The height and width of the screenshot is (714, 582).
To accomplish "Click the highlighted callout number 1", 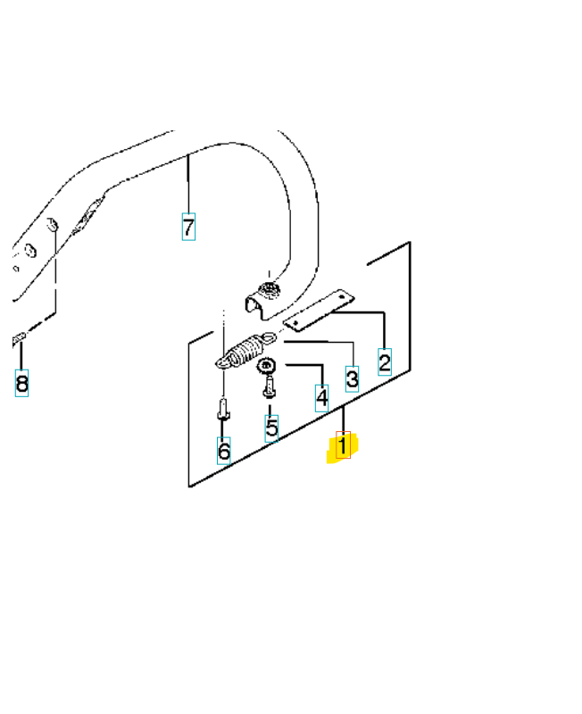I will tap(342, 444).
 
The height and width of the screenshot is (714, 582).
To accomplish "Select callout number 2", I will tap(384, 362).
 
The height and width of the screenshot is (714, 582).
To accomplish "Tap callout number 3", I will tap(352, 378).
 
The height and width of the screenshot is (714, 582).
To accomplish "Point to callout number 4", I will tap(320, 397).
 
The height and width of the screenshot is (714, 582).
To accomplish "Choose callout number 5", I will tap(271, 428).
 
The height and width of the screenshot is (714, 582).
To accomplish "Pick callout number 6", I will tap(223, 451).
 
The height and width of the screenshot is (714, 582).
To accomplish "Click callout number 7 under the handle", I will tap(188, 227).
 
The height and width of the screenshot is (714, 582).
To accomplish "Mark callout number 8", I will tap(21, 385).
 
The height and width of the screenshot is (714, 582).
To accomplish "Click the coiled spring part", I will tap(242, 351).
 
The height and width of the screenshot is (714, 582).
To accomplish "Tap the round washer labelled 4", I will tap(266, 366).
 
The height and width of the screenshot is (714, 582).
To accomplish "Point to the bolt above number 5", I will tap(269, 387).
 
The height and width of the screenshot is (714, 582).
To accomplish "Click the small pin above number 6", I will tap(223, 411).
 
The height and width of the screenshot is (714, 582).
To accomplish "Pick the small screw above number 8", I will tap(19, 338).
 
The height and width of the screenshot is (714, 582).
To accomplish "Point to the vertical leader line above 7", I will tap(188, 183).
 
